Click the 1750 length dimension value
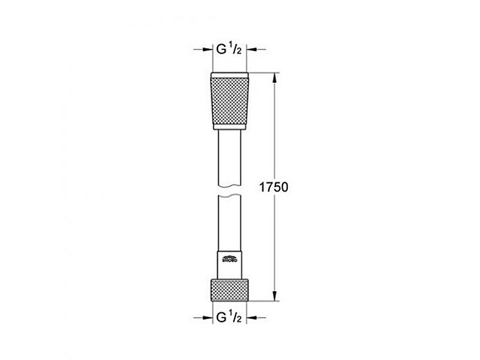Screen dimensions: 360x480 click(275, 187)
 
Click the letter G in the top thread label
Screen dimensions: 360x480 click(220, 50)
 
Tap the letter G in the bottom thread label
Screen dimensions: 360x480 click(220, 316)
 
